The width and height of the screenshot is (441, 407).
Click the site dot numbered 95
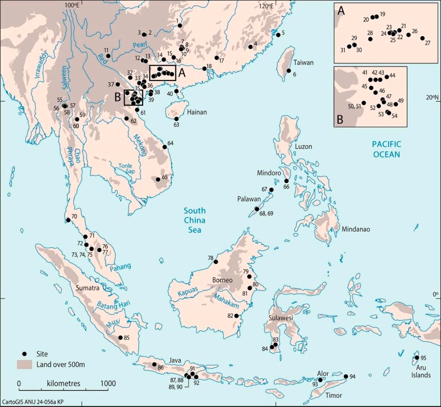pos(416,358)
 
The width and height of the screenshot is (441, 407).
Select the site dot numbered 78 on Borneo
pos(216,261)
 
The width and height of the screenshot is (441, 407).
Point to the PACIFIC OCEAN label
pos(386,149)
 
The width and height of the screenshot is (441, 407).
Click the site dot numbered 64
pos(165,147)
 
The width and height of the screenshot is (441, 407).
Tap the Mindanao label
pos(355,229)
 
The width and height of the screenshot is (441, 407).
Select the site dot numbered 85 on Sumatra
pos(120,338)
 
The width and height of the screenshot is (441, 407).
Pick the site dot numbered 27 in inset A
pos(422,38)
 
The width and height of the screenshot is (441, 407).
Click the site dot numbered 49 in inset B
pos(396,104)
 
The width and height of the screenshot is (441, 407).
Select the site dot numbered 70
pos(68,220)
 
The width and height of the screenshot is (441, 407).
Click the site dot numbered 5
pos(278,34)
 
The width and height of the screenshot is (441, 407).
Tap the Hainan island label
pos(196,112)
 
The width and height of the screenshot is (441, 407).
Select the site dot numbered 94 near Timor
pos(345,376)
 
